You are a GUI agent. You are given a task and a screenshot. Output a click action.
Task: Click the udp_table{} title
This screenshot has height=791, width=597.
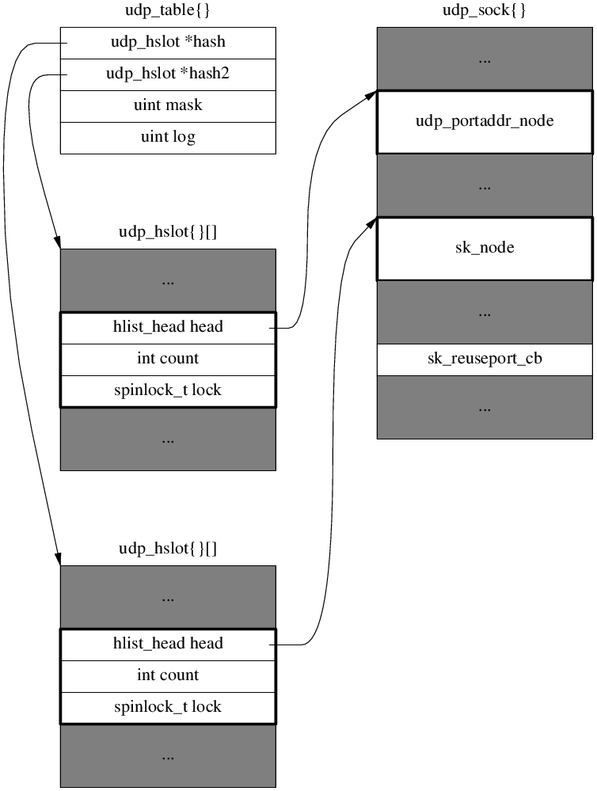pyautogui.click(x=168, y=12)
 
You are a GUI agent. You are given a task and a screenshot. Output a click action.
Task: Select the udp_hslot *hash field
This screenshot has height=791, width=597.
pyautogui.click(x=168, y=43)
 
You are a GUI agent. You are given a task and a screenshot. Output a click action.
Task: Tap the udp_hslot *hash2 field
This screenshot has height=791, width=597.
pyautogui.click(x=168, y=74)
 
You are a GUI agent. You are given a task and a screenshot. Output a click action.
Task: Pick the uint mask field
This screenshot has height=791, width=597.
pyautogui.click(x=168, y=106)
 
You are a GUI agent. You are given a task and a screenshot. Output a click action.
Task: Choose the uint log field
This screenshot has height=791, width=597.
pyautogui.click(x=168, y=138)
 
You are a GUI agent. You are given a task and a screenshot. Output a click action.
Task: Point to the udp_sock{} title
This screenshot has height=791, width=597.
pyautogui.click(x=485, y=12)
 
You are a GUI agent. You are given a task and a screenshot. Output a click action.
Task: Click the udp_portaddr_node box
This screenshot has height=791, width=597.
pyautogui.click(x=485, y=122)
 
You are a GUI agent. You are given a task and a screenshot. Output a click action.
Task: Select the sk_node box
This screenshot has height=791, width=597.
pyautogui.click(x=485, y=249)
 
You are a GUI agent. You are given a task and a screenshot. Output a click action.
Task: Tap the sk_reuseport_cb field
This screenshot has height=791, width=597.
pyautogui.click(x=485, y=359)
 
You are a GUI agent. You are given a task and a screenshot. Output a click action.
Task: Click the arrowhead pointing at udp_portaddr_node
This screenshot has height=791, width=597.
pyautogui.click(x=371, y=94)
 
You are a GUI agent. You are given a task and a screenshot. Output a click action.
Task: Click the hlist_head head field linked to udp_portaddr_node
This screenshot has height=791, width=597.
pyautogui.click(x=168, y=328)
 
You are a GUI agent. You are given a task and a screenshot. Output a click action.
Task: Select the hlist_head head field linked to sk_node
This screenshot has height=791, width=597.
pyautogui.click(x=168, y=645)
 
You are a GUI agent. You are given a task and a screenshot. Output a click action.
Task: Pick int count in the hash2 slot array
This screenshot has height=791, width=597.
pyautogui.click(x=168, y=359)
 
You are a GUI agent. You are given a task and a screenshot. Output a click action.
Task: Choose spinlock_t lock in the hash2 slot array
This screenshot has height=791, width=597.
pyautogui.click(x=168, y=391)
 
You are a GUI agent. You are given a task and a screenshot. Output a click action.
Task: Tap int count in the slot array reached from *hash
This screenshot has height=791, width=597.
pyautogui.click(x=168, y=676)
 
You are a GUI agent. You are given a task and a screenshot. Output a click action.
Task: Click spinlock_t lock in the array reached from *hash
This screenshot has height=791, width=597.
pyautogui.click(x=168, y=708)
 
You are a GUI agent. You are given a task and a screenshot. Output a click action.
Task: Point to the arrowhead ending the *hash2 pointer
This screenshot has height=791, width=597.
pyautogui.click(x=58, y=243)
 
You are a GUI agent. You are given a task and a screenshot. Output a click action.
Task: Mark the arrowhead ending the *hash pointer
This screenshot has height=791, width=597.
pyautogui.click(x=58, y=560)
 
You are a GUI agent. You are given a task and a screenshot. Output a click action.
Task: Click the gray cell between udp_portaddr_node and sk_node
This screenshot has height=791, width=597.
pyautogui.click(x=485, y=185)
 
